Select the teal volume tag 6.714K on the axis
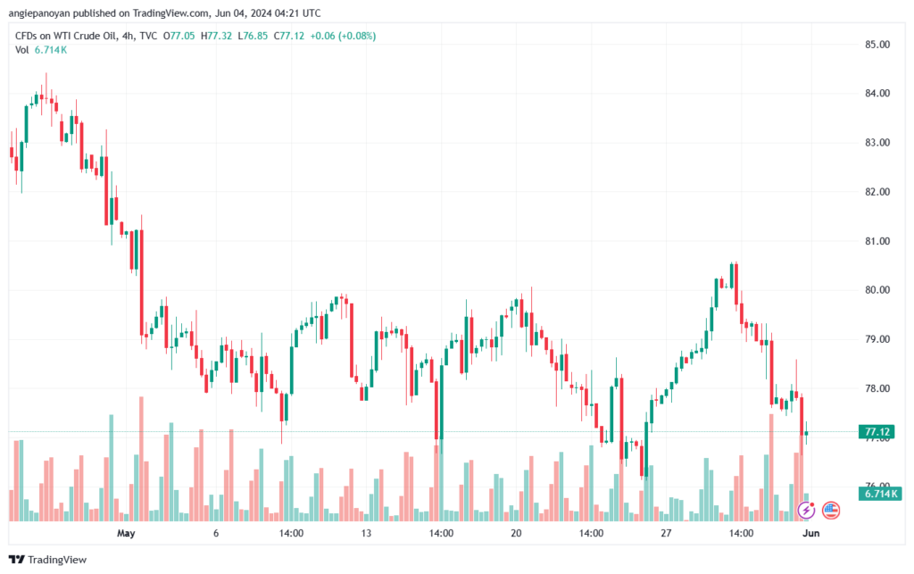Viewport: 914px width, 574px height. [x=879, y=494]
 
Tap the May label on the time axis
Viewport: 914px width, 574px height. [x=126, y=533]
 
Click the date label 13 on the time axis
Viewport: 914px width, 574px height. [x=366, y=533]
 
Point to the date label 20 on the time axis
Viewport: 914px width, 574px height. [x=516, y=533]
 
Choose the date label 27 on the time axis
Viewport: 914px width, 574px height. [x=666, y=533]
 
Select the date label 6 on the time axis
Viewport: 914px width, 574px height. [x=216, y=533]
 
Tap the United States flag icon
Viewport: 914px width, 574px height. [x=831, y=511]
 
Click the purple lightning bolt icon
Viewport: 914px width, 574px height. [x=806, y=511]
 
